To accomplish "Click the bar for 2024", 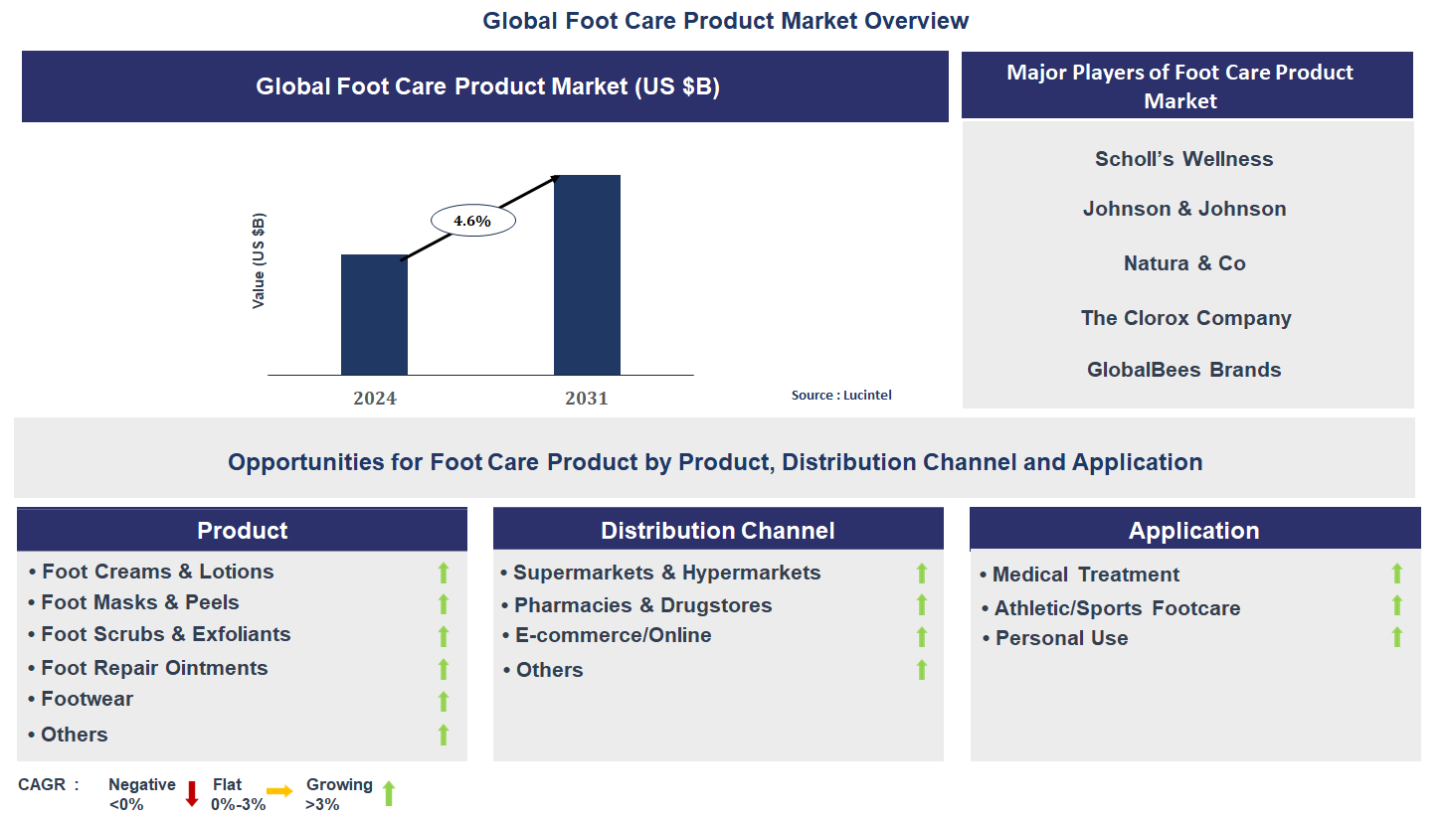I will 374,314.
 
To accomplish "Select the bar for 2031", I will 587,275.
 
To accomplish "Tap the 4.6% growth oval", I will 472,221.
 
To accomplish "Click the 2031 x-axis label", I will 587,399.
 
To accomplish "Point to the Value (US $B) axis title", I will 259,260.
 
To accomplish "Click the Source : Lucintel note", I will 841,395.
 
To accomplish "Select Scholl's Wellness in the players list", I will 1183,159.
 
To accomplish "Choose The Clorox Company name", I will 1185,318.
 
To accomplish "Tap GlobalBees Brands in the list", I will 1183,370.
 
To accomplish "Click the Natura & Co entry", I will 1183,263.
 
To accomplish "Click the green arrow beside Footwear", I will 444,702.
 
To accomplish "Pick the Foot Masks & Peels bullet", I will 139,602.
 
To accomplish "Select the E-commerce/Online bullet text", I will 613,635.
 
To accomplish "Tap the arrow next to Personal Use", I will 1396,637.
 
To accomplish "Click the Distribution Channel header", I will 718,530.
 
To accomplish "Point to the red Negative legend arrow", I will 192,793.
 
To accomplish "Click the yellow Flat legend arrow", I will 279,791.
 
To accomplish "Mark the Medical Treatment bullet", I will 1085,575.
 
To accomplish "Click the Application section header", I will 1193,530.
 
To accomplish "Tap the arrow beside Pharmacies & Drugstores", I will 921,604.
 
